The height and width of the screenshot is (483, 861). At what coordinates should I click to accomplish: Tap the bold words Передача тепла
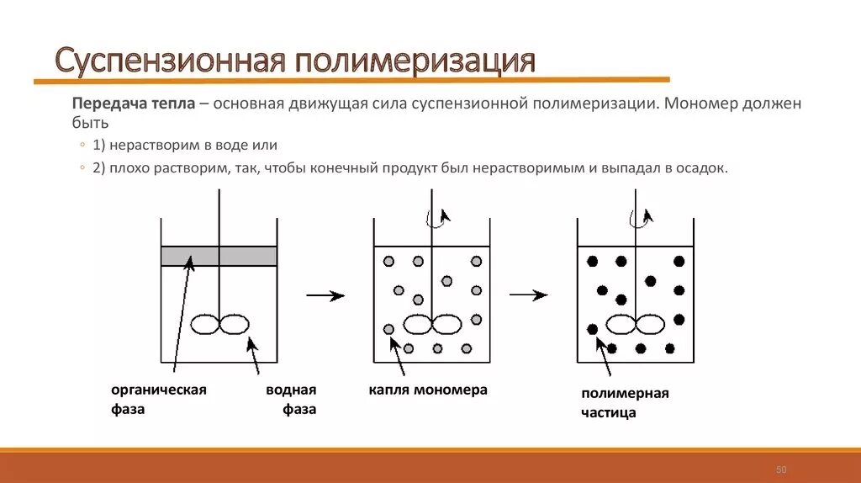[x=134, y=103]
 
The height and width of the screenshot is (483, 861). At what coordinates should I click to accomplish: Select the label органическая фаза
[x=158, y=400]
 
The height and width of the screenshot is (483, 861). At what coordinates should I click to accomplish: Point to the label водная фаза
[x=292, y=400]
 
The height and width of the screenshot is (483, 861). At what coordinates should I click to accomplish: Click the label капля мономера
[x=427, y=390]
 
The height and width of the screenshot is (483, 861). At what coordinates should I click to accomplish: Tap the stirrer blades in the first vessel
[x=219, y=324]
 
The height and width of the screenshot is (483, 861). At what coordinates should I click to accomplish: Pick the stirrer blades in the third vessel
[x=635, y=324]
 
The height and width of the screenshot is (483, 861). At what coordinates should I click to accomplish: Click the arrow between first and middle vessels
[x=325, y=295]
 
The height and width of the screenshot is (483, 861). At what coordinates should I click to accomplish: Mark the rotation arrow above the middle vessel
[x=438, y=218]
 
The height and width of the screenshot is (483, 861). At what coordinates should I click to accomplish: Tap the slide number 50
[x=780, y=469]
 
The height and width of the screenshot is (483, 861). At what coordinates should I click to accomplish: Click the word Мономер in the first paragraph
[x=701, y=103]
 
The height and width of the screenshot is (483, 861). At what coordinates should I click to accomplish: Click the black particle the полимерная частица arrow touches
[x=593, y=329]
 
